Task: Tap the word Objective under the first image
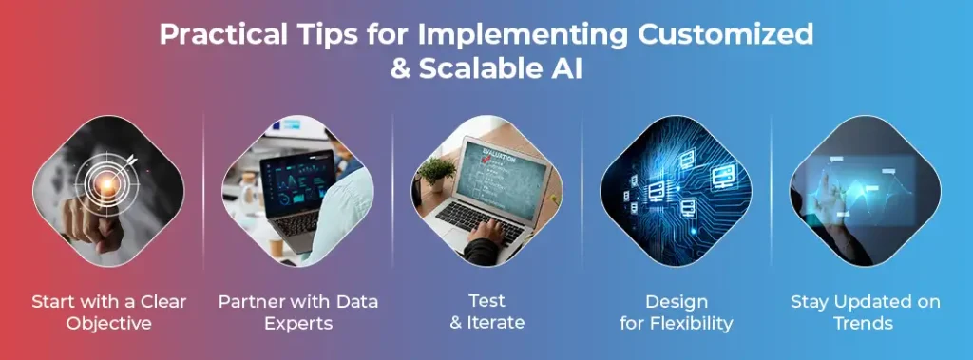[x=108, y=323]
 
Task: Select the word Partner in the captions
[x=252, y=302]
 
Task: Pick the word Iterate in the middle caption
[x=497, y=323]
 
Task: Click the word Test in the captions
[x=486, y=302]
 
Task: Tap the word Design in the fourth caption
[x=676, y=302]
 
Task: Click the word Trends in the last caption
[x=866, y=323]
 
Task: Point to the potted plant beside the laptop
[x=436, y=174]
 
